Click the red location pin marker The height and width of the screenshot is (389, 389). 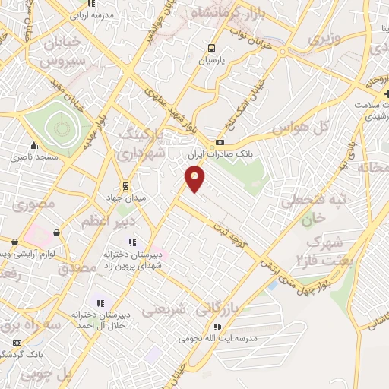(195, 179)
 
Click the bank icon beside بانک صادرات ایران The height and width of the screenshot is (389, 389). (220, 142)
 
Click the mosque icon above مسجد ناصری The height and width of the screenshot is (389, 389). (33, 146)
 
